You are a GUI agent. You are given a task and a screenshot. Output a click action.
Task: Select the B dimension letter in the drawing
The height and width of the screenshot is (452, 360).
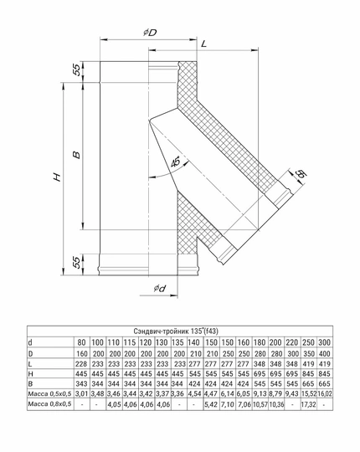[x=75, y=155]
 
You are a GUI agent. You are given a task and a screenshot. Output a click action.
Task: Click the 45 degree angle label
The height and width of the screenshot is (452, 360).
[x=176, y=162]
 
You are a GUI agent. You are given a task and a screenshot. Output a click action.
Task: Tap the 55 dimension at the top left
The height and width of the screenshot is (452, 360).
[x=76, y=70]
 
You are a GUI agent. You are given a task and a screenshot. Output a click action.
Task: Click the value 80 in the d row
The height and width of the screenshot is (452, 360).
[x=81, y=343]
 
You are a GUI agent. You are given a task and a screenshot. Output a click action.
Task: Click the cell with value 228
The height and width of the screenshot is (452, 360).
[x=81, y=367]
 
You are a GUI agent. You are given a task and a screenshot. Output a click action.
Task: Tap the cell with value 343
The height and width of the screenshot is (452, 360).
[x=81, y=380]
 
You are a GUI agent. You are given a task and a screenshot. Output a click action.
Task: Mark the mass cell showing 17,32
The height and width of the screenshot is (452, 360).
[x=307, y=405]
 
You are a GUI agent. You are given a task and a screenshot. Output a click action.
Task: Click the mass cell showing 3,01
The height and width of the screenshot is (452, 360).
[x=81, y=393]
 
